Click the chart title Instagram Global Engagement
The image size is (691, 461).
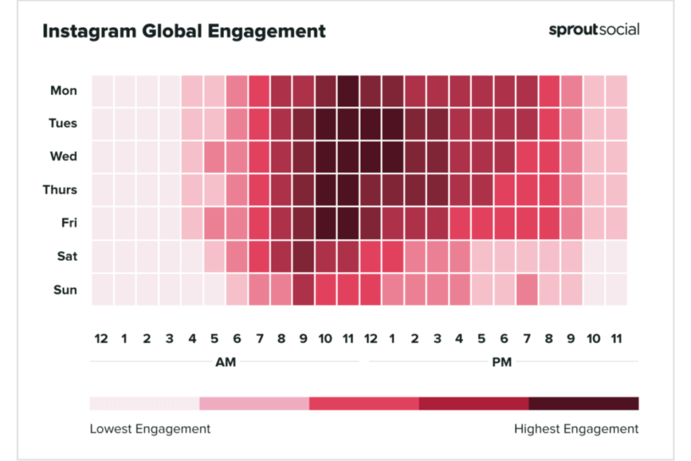pos(184,31)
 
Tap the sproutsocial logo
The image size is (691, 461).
pos(594,30)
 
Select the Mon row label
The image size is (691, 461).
pos(63,90)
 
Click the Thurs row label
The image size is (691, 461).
pos(61,190)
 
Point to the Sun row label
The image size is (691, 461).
pos(65,290)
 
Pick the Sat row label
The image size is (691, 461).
pos(65,256)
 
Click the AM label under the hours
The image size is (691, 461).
pos(225,362)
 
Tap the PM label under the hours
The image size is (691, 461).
pos(501,362)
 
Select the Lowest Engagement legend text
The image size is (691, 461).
pos(150,429)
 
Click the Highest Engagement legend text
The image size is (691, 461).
pos(576,429)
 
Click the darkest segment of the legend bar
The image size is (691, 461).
pos(584,404)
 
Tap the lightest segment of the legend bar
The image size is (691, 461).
pos(144,404)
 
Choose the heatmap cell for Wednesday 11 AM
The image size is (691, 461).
pos(348,157)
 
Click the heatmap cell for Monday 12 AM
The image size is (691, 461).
pos(102,90)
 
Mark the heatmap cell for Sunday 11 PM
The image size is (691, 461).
pos(616,290)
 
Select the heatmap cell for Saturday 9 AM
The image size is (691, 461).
pos(304,256)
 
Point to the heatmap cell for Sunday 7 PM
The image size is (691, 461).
pos(527,290)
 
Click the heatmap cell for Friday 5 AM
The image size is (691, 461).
pos(215,223)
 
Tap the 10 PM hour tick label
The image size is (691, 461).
pos(593,337)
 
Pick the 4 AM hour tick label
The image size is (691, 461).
pos(192,337)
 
